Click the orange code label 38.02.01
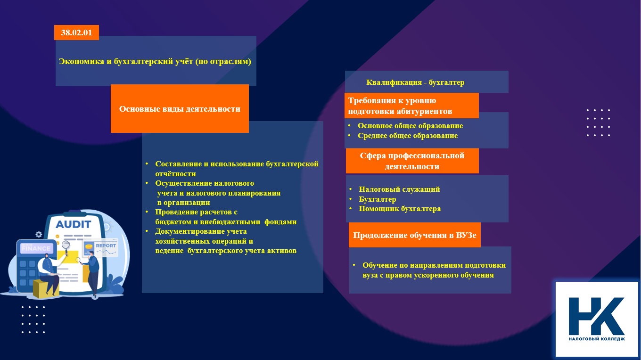point(76,33)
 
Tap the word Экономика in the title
point(82,61)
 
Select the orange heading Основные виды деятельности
point(180,109)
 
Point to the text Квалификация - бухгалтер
point(415,82)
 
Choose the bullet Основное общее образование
point(411,126)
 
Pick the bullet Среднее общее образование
point(408,136)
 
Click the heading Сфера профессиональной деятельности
point(412,161)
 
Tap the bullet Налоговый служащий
point(400,189)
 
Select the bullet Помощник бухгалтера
point(400,209)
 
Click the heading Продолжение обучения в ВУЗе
point(415,235)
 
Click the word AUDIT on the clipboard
point(73,224)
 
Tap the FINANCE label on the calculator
point(36,248)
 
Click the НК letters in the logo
point(596,316)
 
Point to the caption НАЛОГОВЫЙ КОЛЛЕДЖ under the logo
point(597,339)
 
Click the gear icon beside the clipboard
point(39,234)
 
